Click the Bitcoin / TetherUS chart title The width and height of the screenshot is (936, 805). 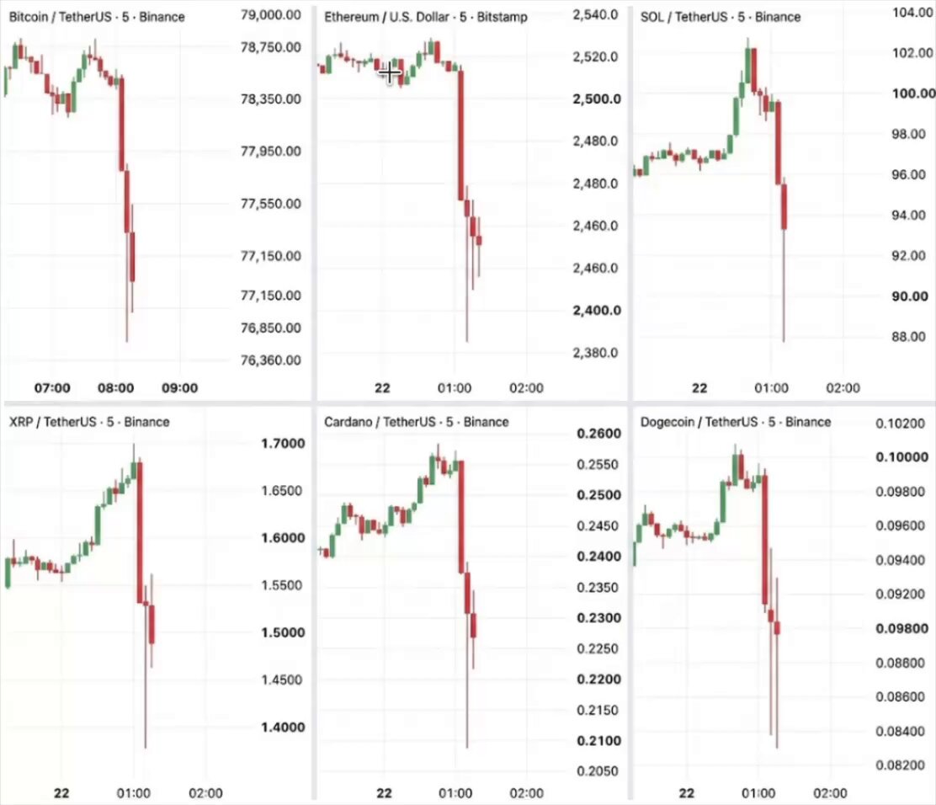[x=97, y=17]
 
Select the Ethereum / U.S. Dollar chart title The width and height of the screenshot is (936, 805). [x=426, y=17]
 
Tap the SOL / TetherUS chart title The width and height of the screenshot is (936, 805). [x=721, y=17]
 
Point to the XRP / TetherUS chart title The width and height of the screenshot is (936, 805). [x=89, y=422]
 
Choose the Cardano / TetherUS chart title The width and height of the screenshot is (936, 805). [x=416, y=422]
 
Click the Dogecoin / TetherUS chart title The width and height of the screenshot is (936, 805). [x=736, y=422]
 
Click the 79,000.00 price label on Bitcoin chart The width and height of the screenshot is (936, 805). [x=270, y=14]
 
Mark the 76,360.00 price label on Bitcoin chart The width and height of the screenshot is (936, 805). [x=270, y=360]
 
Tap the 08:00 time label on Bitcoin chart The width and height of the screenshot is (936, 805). [x=116, y=388]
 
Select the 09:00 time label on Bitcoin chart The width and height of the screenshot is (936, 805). [x=179, y=388]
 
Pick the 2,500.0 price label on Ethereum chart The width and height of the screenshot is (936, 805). [x=597, y=99]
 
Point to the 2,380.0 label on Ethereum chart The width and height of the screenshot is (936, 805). [x=595, y=352]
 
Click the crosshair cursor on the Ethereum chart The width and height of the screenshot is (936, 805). [x=389, y=73]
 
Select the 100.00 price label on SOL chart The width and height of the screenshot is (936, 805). [x=913, y=93]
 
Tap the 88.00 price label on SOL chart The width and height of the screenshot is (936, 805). [x=908, y=337]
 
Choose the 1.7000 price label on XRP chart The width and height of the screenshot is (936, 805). [x=283, y=443]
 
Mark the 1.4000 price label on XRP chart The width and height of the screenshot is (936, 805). [x=283, y=727]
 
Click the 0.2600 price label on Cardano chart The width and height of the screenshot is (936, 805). [x=598, y=434]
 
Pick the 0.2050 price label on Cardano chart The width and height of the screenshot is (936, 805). [x=598, y=771]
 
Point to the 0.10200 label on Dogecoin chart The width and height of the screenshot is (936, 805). [x=900, y=424]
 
